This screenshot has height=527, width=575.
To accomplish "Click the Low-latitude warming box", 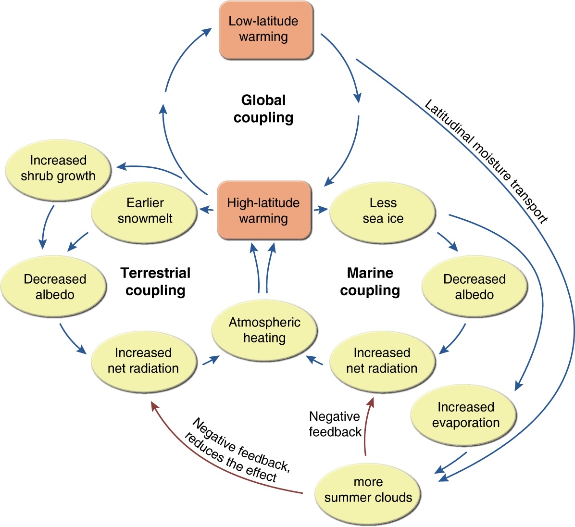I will point(266,30).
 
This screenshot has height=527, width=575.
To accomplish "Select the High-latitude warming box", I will point(264,210).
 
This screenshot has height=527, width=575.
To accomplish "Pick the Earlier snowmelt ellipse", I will point(144,211).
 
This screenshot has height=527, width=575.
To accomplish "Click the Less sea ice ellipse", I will point(383,211).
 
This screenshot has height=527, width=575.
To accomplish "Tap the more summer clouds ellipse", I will point(368,490).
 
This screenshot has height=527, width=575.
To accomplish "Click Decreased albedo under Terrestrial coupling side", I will point(54,287).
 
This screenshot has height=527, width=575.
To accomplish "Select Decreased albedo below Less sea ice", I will point(474,287).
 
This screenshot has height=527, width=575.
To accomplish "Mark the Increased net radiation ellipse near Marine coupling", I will point(382,361).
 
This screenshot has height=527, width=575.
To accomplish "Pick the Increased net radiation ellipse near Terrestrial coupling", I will point(143,361).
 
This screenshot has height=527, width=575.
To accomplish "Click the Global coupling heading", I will point(263,109).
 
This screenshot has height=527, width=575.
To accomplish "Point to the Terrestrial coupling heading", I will point(155,281).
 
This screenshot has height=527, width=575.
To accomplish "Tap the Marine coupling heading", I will point(370,281).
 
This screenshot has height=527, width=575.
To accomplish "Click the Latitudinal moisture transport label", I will point(486,161).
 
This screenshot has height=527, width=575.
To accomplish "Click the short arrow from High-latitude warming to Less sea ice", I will point(320,210).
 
